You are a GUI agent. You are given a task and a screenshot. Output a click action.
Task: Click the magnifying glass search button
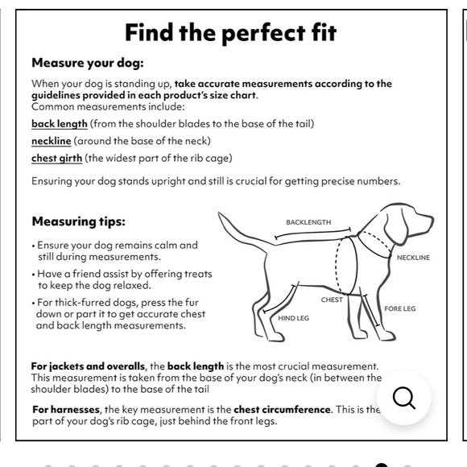[x=404, y=398]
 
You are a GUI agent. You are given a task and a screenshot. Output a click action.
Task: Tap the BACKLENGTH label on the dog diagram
[x=308, y=222]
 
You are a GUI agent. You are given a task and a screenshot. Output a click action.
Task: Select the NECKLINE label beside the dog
[x=413, y=258]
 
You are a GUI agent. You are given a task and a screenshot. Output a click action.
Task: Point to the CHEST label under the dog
[x=332, y=300]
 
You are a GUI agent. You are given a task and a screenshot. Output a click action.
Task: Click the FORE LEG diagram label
[x=399, y=309]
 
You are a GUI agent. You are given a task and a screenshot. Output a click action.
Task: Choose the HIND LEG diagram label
[x=293, y=318]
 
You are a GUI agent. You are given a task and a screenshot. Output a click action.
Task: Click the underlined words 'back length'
[x=60, y=124]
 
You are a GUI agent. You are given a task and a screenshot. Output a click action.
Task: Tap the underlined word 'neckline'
[x=52, y=141]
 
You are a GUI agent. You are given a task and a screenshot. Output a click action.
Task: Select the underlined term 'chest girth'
[x=56, y=158]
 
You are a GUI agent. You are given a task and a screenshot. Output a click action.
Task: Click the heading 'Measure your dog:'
[x=88, y=63]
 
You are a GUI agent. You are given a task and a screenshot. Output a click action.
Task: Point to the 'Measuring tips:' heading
[x=79, y=221]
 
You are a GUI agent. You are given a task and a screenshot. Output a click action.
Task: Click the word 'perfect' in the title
[x=263, y=33]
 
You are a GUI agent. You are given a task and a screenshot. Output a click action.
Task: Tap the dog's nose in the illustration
[x=431, y=220]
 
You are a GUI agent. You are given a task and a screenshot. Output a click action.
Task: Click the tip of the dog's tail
[x=219, y=213]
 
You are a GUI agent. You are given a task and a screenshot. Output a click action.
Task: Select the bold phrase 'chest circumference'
[x=282, y=410]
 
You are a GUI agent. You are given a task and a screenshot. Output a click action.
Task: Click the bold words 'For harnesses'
[x=66, y=410]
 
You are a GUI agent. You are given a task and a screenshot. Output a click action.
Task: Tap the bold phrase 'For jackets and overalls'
[x=88, y=366]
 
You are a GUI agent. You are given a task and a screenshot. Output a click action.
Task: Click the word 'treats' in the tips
[x=198, y=274]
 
